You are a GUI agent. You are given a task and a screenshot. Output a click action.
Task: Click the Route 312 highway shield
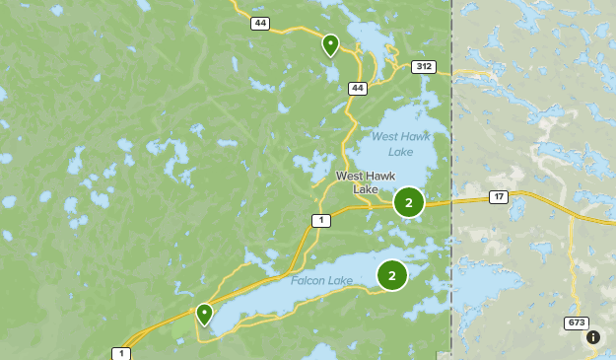[x=424, y=67]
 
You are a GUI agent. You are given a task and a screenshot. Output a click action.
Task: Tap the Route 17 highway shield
[x=500, y=197]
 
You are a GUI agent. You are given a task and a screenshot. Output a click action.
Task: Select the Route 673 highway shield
[x=577, y=324]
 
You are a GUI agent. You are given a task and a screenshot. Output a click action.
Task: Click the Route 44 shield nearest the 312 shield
[x=357, y=89]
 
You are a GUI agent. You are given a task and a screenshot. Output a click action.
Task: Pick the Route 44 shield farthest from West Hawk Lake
[x=259, y=23]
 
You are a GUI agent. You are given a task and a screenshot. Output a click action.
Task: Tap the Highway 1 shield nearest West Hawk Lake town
[x=320, y=220]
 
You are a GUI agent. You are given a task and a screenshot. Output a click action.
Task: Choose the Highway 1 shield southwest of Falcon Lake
[x=121, y=353]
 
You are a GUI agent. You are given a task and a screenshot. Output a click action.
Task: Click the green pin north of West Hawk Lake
[x=330, y=44]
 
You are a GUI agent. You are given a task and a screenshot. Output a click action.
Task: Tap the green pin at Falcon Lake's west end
[x=204, y=313]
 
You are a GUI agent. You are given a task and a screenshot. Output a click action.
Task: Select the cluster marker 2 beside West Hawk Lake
[x=408, y=202]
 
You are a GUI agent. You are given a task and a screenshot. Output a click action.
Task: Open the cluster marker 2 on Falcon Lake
[x=391, y=275]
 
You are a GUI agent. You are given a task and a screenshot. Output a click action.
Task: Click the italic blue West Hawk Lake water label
[x=392, y=144]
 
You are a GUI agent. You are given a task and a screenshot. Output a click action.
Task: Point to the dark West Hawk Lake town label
[x=365, y=182]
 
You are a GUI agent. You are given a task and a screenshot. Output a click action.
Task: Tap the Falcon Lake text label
[x=321, y=281]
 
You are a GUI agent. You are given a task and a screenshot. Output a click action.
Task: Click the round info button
[x=593, y=337]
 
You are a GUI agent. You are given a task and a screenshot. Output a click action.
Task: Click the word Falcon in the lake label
[x=308, y=281]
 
